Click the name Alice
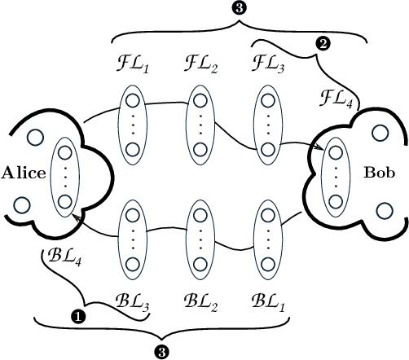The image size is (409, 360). [x=24, y=173]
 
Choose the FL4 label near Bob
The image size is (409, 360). [x=336, y=100]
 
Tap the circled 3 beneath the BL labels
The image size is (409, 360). [x=162, y=351]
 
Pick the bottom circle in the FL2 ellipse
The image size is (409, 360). [x=200, y=149]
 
